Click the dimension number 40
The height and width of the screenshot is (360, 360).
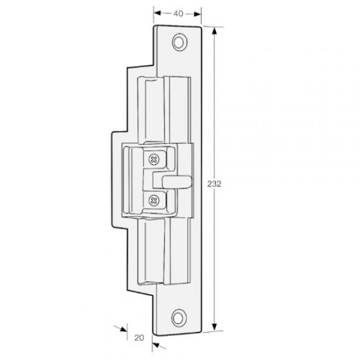[177, 12]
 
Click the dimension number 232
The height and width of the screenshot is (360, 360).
[217, 185]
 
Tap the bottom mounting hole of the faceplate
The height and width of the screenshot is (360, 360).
[178, 319]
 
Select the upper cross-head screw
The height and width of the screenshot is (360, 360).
[154, 158]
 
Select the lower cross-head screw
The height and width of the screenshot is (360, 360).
[154, 200]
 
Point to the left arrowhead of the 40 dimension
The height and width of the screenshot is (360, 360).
[156, 12]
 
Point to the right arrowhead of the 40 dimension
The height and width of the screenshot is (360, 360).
[198, 12]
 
